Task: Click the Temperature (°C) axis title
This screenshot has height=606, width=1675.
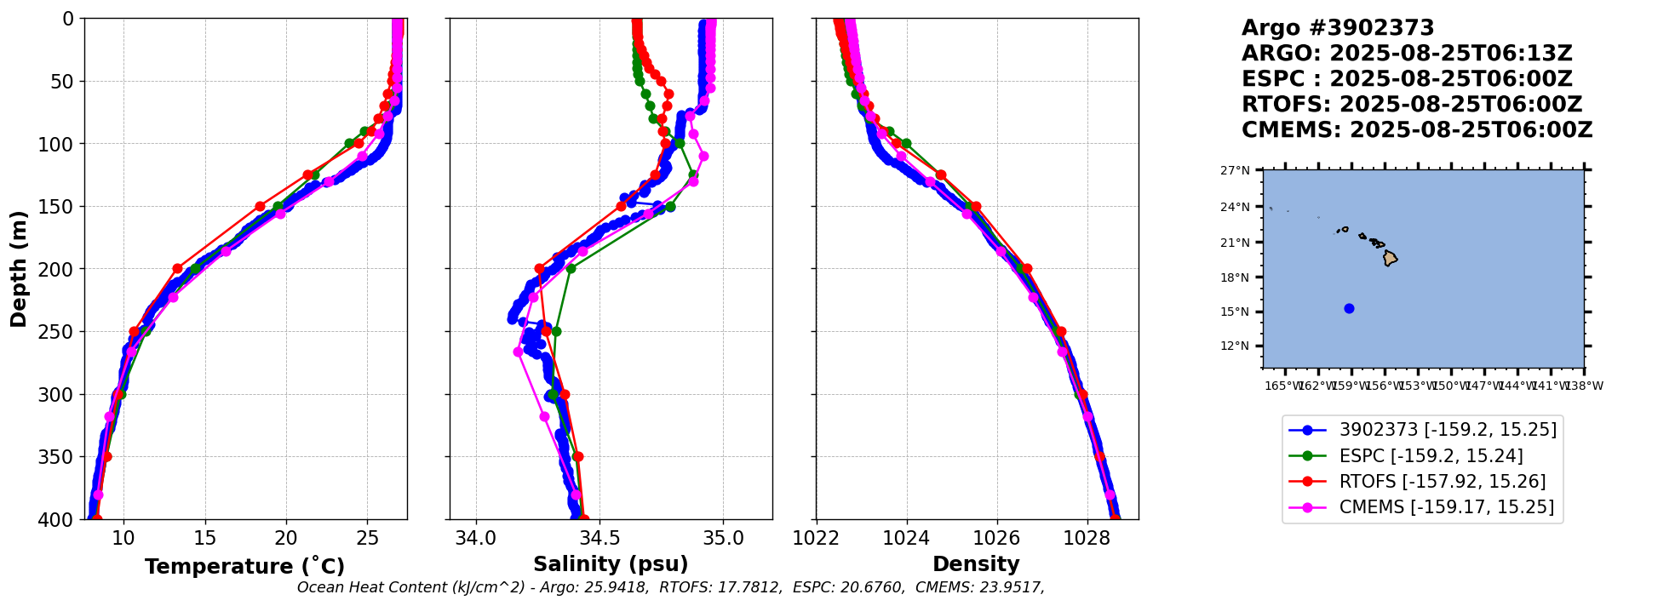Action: pos(244,567)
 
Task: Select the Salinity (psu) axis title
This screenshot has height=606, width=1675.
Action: pos(611,564)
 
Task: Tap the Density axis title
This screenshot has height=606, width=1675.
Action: pos(976,564)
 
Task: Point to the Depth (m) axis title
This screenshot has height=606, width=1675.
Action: pos(19,269)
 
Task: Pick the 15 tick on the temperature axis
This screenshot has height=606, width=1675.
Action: pos(205,538)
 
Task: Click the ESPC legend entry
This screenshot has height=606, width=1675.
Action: pos(1431,456)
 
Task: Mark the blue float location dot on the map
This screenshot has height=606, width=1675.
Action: pos(1349,309)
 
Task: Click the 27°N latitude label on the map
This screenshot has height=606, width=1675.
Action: pos(1235,171)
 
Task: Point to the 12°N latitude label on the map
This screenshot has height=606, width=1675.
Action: pos(1235,346)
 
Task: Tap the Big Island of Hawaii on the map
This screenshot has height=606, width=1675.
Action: pos(1390,257)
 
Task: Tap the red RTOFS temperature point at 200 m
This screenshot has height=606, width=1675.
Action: pos(177,269)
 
